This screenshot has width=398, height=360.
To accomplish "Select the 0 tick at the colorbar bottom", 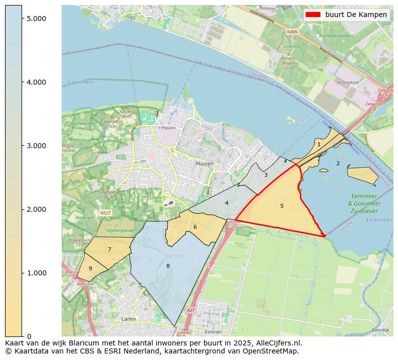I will [x=29, y=336].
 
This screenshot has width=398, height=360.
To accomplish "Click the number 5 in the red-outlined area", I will [x=282, y=206].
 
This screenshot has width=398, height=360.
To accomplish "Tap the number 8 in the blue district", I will [x=168, y=266].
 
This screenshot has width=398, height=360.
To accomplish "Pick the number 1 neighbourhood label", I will [x=319, y=144].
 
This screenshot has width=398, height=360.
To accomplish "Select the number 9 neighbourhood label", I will [x=90, y=268].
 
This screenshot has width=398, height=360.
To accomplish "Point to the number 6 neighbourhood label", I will [x=195, y=227].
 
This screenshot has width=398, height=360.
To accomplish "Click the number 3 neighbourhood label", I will [x=266, y=175].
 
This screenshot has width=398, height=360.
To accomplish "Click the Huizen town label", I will [x=205, y=164].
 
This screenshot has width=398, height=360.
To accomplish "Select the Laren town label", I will [x=128, y=318].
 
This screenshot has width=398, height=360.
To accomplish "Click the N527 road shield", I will [x=105, y=213].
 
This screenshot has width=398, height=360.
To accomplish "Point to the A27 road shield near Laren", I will [x=190, y=310].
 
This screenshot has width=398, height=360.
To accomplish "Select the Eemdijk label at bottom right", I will [x=380, y=330].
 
